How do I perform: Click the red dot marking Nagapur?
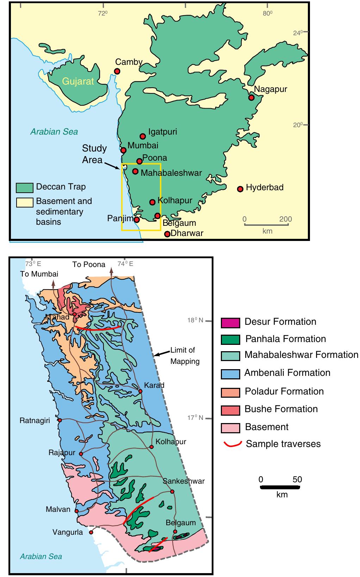pyautogui.click(x=251, y=98)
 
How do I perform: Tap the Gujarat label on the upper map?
pyautogui.click(x=78, y=81)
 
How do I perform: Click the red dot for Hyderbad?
pyautogui.click(x=240, y=189)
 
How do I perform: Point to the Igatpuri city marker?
pyautogui.click(x=143, y=136)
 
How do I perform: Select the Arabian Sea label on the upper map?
pyautogui.click(x=54, y=132)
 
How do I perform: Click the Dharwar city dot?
pyautogui.click(x=167, y=234)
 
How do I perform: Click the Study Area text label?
pyautogui.click(x=94, y=154)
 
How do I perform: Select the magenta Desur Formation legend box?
pyautogui.click(x=230, y=322)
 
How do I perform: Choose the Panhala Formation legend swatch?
pyautogui.click(x=230, y=340)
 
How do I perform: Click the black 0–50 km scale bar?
pyautogui.click(x=280, y=487)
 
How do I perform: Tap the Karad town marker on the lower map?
pyautogui.click(x=140, y=391)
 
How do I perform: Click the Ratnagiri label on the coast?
pyautogui.click(x=35, y=421)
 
